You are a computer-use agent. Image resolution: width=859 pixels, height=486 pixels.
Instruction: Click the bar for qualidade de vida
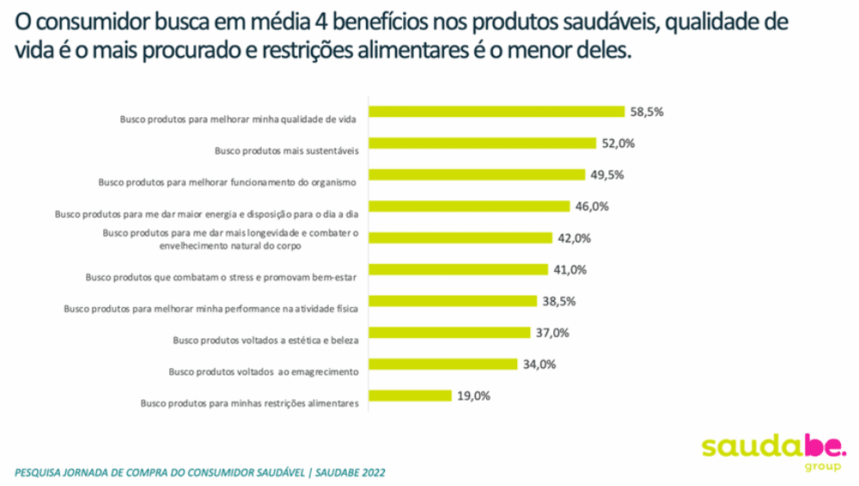pos(497,111)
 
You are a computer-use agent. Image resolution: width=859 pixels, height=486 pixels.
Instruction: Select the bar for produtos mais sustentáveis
pos(483,143)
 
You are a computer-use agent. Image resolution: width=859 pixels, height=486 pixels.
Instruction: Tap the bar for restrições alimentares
pos(411,396)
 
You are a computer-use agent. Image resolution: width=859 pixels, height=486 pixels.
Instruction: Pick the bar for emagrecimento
pos(442,364)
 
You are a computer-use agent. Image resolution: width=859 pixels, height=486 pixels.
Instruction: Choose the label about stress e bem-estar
pos(222,277)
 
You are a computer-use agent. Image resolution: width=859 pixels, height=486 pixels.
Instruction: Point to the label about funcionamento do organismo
pos(228,181)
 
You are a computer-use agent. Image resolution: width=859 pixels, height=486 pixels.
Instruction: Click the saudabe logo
pos(774,446)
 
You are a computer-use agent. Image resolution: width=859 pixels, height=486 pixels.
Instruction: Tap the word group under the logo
pos(823,467)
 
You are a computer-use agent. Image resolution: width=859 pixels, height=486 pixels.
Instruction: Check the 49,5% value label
pos(606,175)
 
